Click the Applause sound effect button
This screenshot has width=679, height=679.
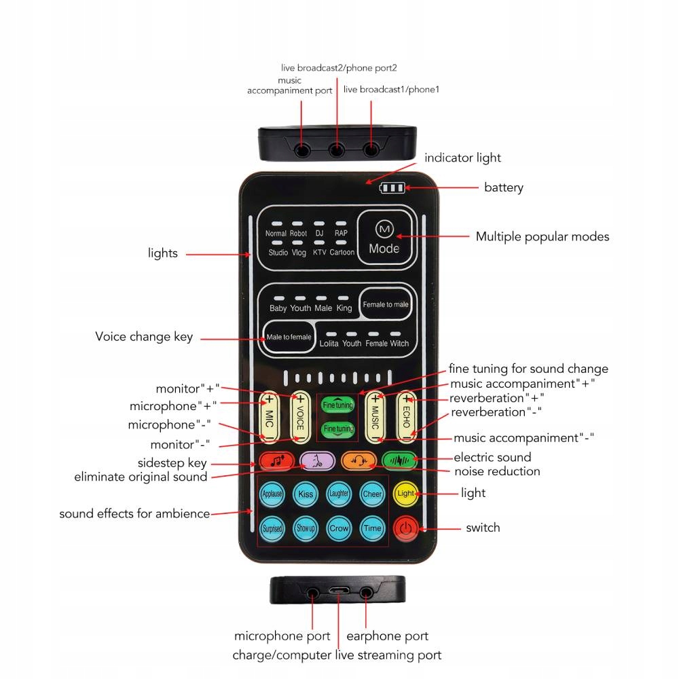tap(272, 494)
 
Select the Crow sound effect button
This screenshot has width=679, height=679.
tap(338, 528)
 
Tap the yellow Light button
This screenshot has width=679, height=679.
tap(405, 493)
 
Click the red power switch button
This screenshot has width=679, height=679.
tap(405, 528)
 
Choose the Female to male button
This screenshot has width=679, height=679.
tap(385, 304)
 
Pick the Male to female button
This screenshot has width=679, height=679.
tap(289, 337)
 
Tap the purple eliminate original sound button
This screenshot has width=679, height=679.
tap(317, 461)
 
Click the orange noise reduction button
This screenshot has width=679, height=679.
tap(359, 460)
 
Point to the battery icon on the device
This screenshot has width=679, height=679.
tap(392, 187)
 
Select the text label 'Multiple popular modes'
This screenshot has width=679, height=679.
tap(542, 237)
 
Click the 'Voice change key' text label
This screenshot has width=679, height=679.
tap(144, 337)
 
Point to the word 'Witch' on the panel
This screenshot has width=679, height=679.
tap(399, 344)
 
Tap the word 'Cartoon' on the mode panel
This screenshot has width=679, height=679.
tap(342, 253)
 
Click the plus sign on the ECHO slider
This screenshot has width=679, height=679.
tap(407, 399)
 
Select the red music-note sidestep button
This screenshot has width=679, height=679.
tap(276, 461)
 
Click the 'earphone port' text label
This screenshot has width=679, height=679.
tap(387, 636)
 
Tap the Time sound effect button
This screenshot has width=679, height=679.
tap(372, 528)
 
